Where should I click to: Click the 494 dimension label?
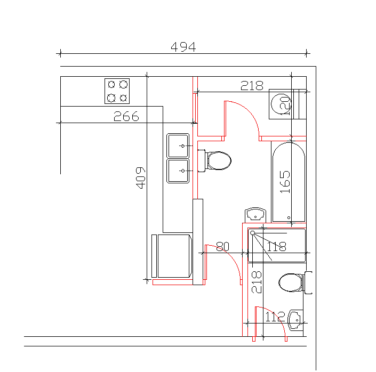click(x=183, y=47)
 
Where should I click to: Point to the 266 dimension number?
click(x=126, y=116)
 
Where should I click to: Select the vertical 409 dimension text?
click(x=140, y=178)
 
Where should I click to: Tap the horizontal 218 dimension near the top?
click(x=252, y=86)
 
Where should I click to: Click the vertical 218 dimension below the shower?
click(x=257, y=282)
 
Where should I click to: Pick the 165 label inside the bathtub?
click(x=285, y=182)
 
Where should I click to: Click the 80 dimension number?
click(x=223, y=246)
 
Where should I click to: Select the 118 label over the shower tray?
click(x=276, y=246)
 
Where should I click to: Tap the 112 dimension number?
click(x=275, y=317)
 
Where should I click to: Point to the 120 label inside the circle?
click(x=285, y=106)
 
